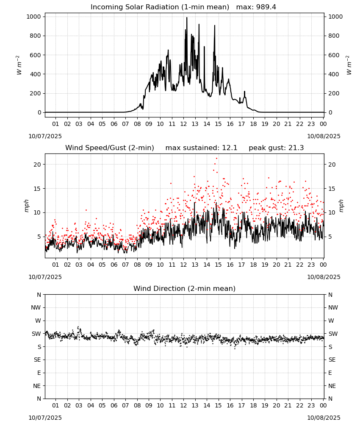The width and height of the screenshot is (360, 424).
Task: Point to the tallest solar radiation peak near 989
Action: (x=187, y=18)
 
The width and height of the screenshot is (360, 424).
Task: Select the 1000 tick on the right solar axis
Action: (x=335, y=17)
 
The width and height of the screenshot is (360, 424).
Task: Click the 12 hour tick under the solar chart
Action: (x=183, y=124)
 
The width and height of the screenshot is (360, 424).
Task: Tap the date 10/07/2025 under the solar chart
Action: (x=45, y=136)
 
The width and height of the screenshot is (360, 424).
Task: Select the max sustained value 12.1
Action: (x=230, y=148)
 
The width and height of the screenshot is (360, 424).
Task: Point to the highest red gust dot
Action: (x=216, y=159)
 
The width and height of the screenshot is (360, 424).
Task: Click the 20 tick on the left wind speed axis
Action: (x=37, y=165)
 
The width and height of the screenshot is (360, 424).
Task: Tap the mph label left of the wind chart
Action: (x=26, y=206)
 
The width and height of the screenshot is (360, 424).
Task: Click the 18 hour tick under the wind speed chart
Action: (x=253, y=265)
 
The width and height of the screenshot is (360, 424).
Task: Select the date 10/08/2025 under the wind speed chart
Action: (x=324, y=277)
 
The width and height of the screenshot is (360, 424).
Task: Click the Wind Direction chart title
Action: (x=185, y=288)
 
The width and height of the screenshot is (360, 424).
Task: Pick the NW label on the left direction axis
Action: (x=36, y=307)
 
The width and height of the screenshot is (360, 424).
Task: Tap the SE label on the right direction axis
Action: (x=332, y=360)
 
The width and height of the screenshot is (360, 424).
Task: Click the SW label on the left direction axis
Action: (x=36, y=334)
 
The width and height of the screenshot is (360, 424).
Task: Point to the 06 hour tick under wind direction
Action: (x=114, y=405)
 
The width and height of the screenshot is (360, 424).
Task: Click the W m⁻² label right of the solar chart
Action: (x=349, y=65)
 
